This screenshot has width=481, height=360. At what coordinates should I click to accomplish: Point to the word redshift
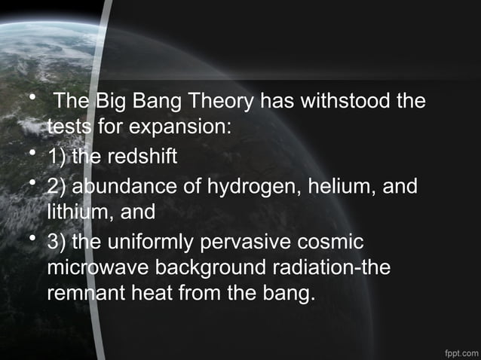click(x=141, y=157)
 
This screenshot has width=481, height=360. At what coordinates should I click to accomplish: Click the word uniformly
click(x=156, y=243)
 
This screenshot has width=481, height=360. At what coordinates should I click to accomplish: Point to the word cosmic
click(x=335, y=243)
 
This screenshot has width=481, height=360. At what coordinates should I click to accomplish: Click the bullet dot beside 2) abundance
click(x=32, y=185)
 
